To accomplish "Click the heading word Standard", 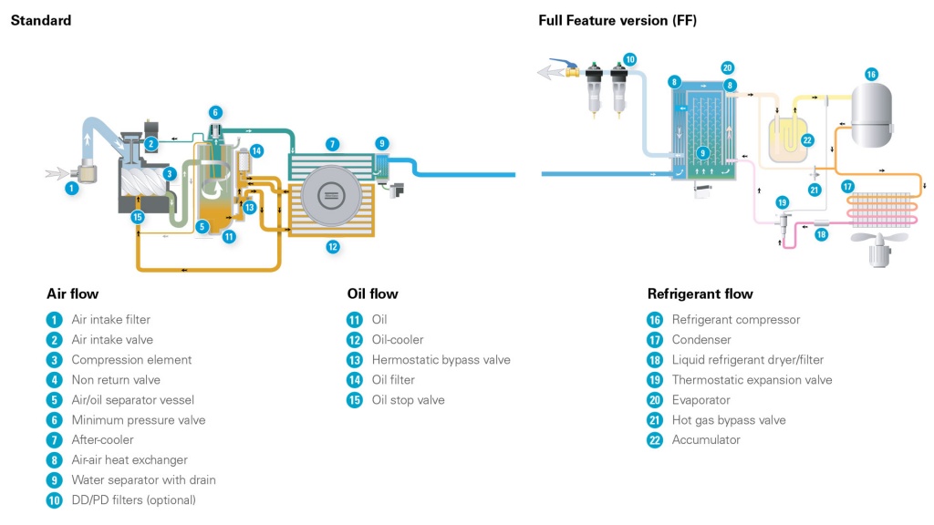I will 40,20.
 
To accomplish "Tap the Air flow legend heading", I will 72,293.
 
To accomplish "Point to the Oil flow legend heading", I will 372,293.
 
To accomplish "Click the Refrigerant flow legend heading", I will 700,293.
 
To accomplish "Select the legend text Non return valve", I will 116,380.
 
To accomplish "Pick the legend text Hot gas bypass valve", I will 728,420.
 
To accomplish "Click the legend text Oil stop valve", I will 408,400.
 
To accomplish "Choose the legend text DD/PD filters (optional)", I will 133,500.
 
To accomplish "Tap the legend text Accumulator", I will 706,440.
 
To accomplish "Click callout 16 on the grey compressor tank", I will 871,74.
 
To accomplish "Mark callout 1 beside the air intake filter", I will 71,189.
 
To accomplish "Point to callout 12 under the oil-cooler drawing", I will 333,246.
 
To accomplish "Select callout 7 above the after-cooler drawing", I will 333,144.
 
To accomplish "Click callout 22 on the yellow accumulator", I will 807,139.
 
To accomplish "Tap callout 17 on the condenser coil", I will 848,187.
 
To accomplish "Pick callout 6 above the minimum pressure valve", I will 215,112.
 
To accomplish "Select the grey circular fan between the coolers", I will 330,195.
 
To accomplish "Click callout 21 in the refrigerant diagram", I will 815,190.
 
